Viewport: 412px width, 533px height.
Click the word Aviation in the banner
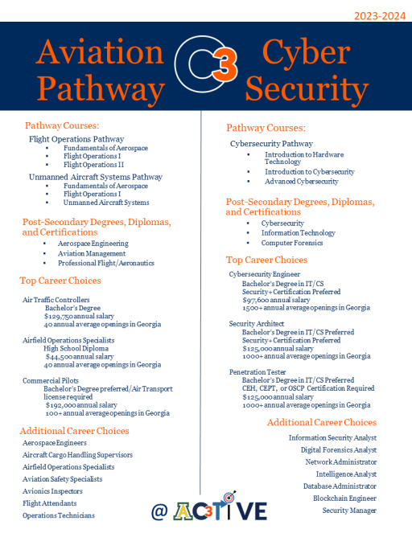[100, 54]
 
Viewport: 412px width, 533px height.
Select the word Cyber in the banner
[307, 54]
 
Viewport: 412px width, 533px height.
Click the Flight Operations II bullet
[92, 165]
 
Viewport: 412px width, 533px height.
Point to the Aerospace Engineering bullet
[93, 243]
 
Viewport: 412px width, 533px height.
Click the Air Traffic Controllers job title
[56, 299]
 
